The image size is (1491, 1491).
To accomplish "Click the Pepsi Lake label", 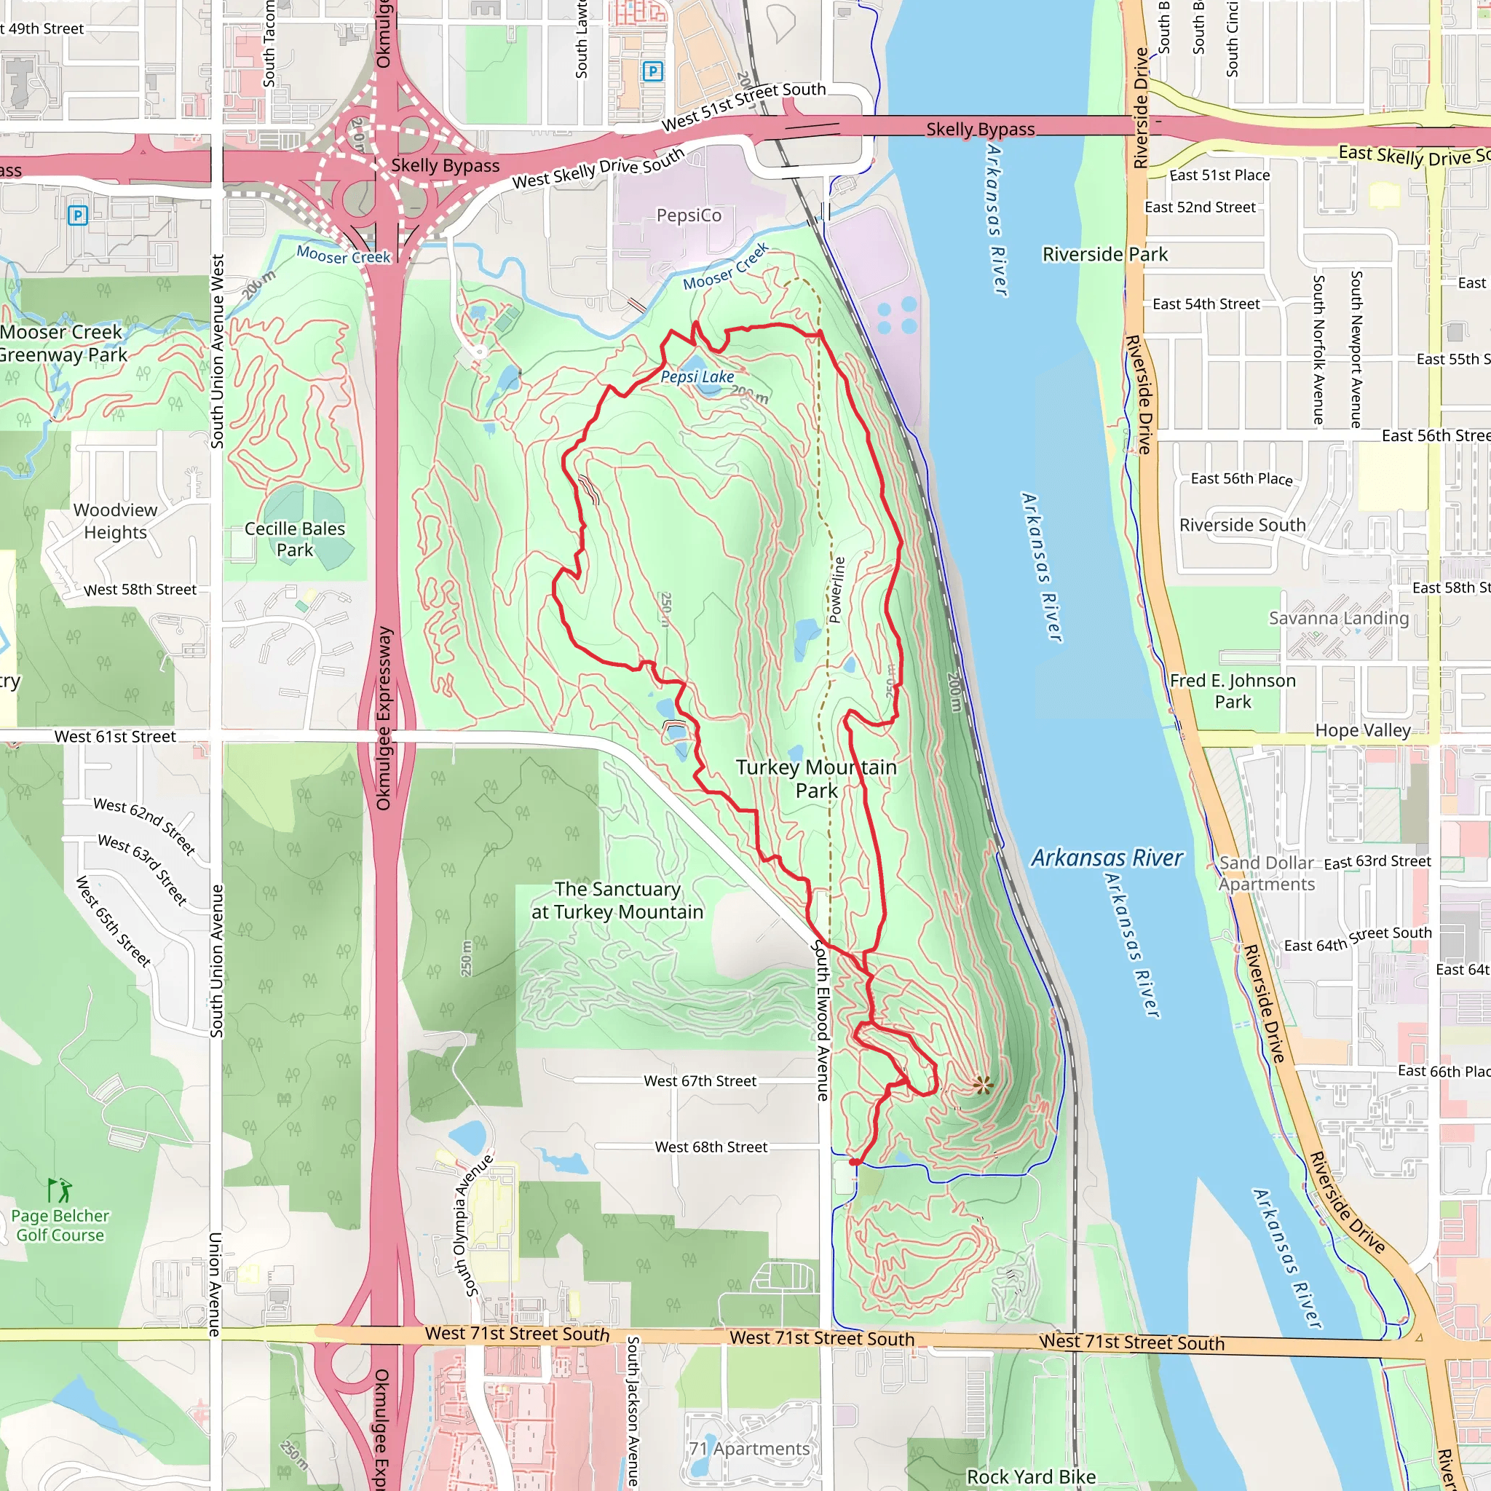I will pos(697,376).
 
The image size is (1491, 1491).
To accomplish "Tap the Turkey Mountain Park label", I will pos(815,779).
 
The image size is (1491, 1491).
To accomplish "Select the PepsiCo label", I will pos(689,215).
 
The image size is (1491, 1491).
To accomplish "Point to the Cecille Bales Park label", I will pos(295,539).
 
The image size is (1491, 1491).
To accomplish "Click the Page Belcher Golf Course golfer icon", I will pos(60,1190).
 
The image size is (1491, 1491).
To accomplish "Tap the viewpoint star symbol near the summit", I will pos(982,1085).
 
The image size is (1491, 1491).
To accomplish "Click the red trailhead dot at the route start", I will pos(854,1161).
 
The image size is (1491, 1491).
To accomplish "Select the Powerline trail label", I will pos(837,590).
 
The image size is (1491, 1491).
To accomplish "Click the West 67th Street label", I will pos(700,1081).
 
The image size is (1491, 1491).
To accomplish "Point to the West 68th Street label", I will pos(711,1147).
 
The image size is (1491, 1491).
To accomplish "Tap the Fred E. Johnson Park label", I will pos(1233,691).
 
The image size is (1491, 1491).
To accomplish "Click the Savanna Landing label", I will pos(1338,618).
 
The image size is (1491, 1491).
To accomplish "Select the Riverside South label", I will pos(1242,525).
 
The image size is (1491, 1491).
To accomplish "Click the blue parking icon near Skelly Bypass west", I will pos(77,215).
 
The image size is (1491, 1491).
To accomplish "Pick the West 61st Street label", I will pos(115,736).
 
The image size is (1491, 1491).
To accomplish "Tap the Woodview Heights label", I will pos(116,521).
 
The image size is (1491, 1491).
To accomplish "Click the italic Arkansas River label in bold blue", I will pos(1107,858).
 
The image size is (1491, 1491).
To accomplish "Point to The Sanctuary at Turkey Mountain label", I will pos(617,901).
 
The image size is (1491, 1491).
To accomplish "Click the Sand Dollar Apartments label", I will pos(1267,874).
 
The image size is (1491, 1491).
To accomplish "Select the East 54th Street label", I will pos(1206,304).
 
